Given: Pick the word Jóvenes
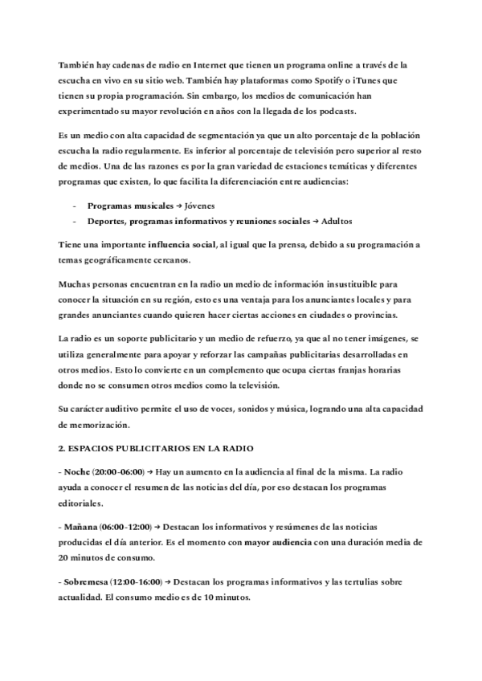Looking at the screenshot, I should tap(190, 206).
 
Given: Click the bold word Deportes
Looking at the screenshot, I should tap(106, 221).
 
